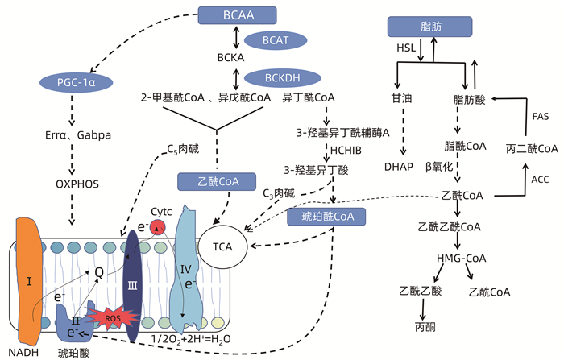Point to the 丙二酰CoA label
[532, 149]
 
